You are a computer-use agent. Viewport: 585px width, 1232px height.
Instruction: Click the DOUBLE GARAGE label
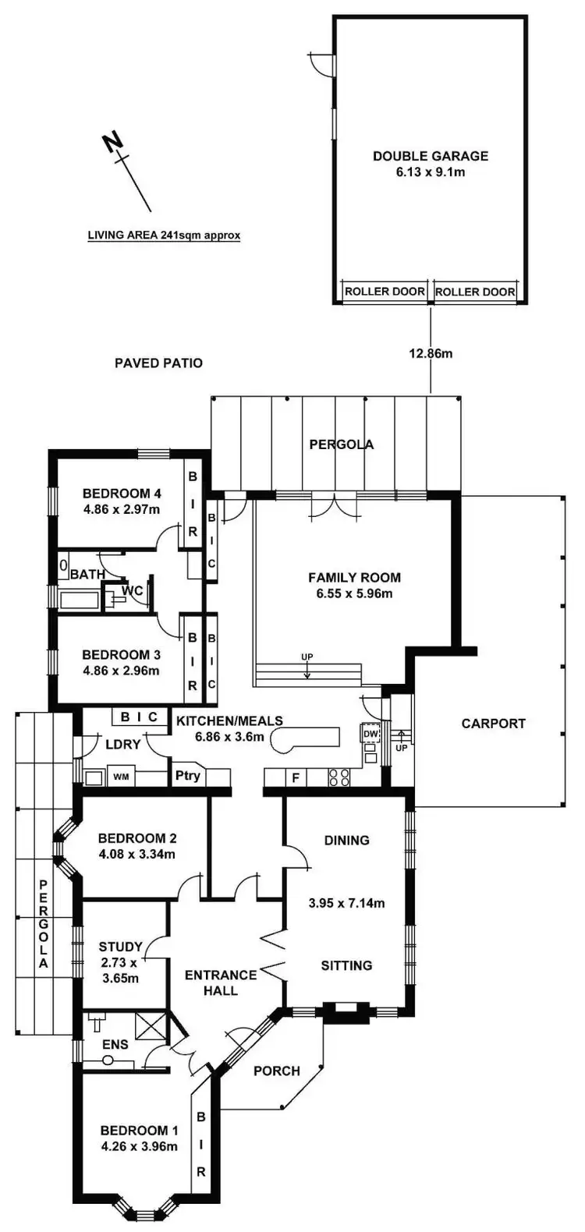[430, 156]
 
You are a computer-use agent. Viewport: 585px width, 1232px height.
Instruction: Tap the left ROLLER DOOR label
[385, 292]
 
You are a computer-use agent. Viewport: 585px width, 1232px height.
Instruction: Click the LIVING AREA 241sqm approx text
[164, 235]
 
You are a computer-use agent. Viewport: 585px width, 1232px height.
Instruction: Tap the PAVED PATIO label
[158, 363]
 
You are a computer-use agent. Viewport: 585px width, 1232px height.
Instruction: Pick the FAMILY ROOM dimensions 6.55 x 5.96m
[354, 593]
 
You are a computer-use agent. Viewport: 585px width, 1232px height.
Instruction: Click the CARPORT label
[493, 723]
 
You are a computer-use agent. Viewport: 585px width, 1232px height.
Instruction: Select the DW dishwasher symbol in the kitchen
[370, 734]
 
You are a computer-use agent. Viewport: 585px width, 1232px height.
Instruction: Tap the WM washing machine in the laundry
[121, 777]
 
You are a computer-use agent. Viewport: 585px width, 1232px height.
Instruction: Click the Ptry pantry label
[187, 776]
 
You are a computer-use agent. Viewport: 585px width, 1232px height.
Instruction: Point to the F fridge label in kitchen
[295, 777]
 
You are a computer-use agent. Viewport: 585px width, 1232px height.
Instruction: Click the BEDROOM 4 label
[121, 493]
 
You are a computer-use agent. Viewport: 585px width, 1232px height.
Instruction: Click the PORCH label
[277, 1071]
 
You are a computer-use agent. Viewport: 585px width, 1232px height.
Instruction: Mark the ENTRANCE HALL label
[221, 982]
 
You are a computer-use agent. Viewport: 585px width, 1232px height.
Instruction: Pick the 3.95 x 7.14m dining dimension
[346, 904]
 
